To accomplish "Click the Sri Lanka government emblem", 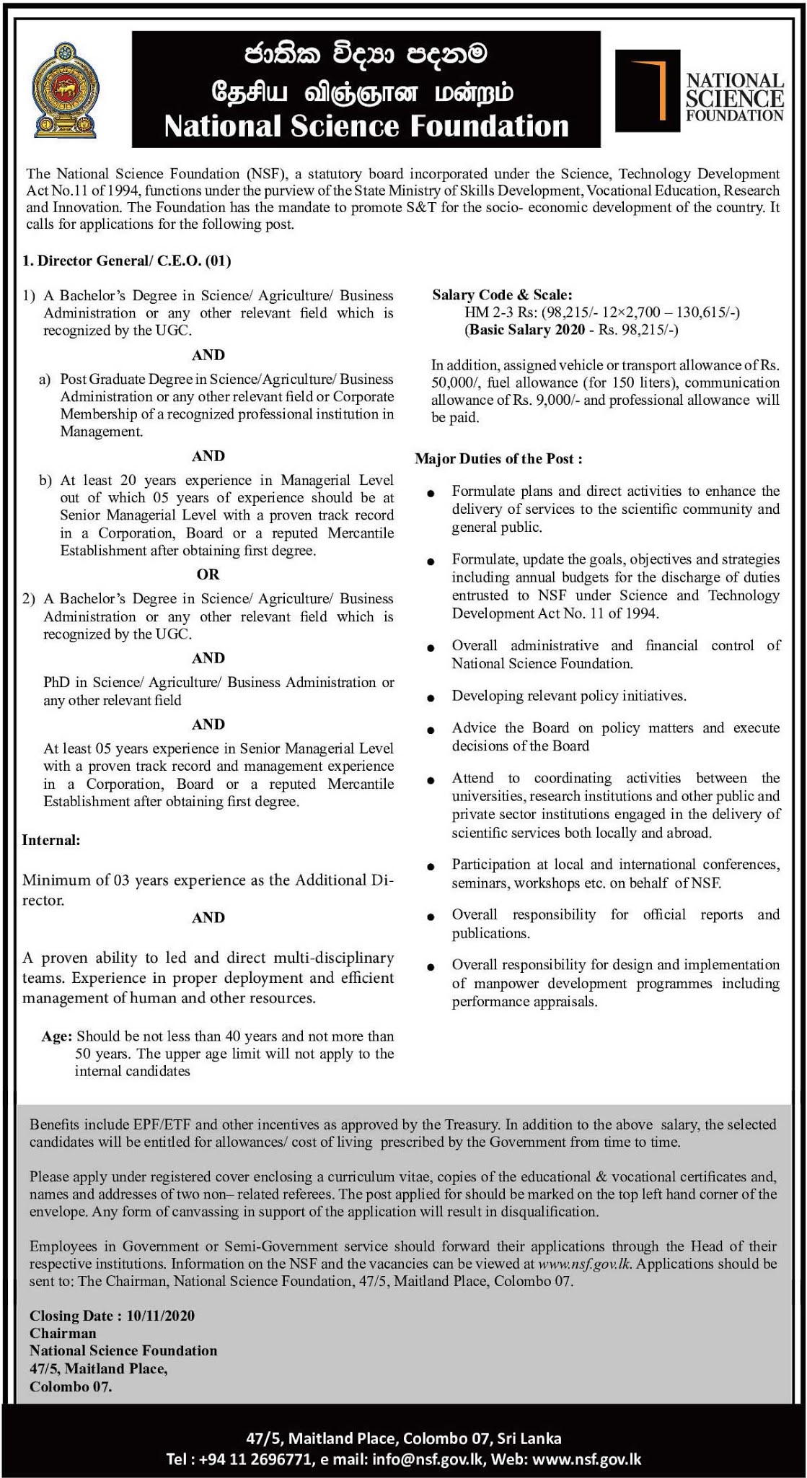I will click(67, 90).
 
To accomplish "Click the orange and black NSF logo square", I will click(648, 90).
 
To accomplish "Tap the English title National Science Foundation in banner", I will click(366, 126).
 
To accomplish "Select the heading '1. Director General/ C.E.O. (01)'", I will click(127, 261).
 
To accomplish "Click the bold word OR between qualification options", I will click(208, 574).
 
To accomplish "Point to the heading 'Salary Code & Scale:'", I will click(502, 294).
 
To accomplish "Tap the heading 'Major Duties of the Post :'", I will click(498, 459).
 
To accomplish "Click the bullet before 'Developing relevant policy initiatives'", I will click(431, 698).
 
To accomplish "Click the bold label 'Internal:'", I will click(51, 840).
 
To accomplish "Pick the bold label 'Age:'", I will click(57, 1036).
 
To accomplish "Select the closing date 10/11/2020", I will click(160, 1316).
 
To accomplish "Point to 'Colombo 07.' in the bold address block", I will click(71, 1386).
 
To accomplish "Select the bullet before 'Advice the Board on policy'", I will click(431, 730).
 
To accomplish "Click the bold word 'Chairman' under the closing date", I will click(63, 1333).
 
